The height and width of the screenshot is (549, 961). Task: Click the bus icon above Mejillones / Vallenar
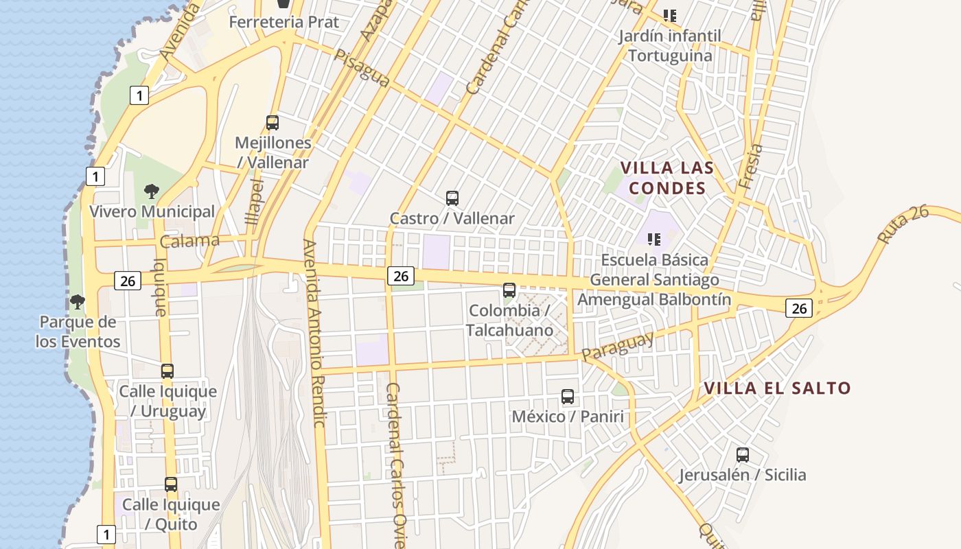[273, 123]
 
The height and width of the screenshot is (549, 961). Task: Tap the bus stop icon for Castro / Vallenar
[452, 198]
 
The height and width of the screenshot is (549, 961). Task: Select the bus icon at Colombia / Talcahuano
[509, 290]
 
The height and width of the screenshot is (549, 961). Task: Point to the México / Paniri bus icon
[567, 397]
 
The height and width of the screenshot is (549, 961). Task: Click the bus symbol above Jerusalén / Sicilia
[742, 454]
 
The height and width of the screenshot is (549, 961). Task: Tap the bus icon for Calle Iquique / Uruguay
[167, 371]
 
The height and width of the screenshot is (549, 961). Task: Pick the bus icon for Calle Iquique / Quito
[171, 484]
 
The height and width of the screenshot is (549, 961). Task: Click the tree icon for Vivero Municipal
[152, 191]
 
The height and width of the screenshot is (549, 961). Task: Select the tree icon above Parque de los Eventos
[78, 302]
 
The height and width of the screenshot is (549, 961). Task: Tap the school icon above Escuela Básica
[653, 240]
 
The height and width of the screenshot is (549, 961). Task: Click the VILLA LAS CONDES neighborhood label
[667, 178]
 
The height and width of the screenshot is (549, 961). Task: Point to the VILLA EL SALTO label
[777, 388]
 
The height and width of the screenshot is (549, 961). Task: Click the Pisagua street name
[362, 67]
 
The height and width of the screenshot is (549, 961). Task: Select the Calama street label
[189, 241]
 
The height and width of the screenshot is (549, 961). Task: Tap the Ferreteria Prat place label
[283, 22]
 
